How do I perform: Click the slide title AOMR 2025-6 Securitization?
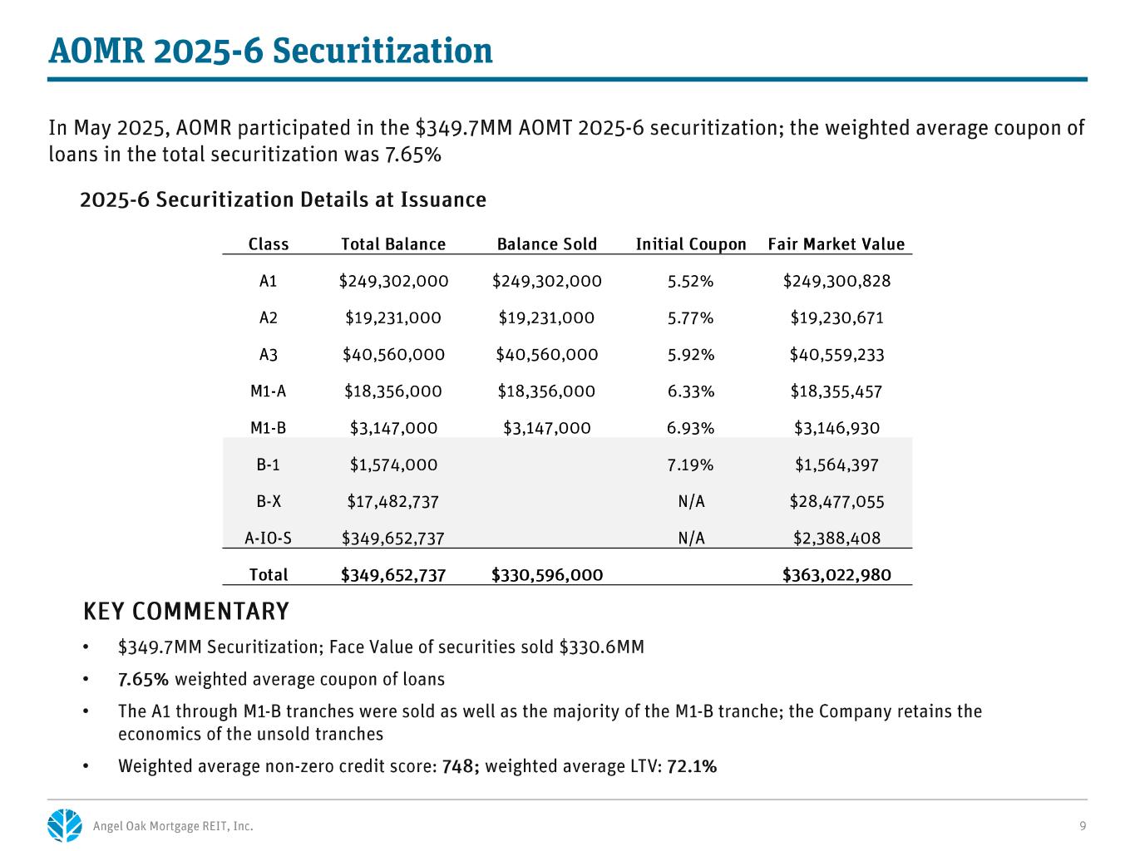[270, 52]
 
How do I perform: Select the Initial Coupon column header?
[691, 244]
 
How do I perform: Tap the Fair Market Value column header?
[836, 244]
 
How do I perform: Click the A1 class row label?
[268, 281]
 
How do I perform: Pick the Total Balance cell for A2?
[393, 318]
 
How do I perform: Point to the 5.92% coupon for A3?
[691, 355]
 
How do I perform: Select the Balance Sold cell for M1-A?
[546, 391]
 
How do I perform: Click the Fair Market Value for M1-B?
[836, 429]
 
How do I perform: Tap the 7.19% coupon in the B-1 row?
[691, 465]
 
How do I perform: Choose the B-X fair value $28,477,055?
[836, 502]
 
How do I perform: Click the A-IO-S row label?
[268, 539]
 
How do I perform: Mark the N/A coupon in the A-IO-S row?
[691, 539]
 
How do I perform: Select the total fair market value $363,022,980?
[836, 575]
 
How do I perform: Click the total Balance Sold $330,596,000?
[547, 575]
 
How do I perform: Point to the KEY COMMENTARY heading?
[186, 612]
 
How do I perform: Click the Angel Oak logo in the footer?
[65, 825]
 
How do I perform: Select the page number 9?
[1083, 826]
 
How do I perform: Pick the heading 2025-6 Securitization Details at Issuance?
[283, 200]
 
